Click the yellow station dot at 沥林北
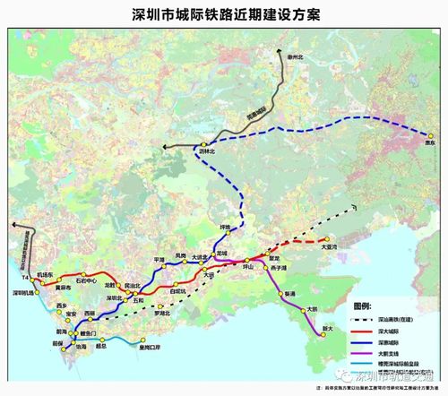[x=203, y=145]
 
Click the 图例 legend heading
[x=360, y=306]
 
